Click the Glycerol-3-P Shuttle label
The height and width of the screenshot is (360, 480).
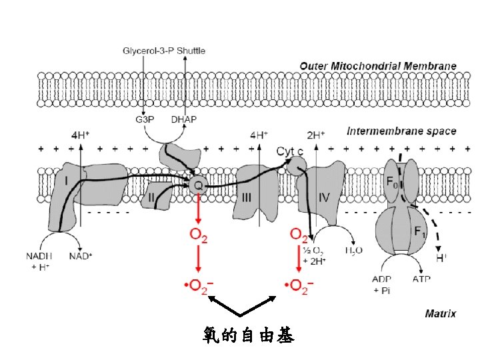[x=164, y=51]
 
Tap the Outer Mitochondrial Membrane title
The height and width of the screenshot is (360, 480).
[x=378, y=66]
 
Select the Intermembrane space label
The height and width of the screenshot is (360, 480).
[x=401, y=131]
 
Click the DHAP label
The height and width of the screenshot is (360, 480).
[x=184, y=120]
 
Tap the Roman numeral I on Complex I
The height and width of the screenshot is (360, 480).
[x=66, y=181]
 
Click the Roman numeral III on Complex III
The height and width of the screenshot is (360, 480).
[x=247, y=197]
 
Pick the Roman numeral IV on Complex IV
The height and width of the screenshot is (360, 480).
[x=325, y=197]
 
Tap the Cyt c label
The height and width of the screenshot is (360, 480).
[x=290, y=151]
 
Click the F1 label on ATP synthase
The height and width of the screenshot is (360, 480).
[x=419, y=232]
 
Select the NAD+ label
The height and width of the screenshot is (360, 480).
[x=81, y=255]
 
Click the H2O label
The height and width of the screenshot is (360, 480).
[x=353, y=251]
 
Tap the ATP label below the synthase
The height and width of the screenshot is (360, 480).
[x=421, y=281]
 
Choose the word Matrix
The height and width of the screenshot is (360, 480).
[x=441, y=313]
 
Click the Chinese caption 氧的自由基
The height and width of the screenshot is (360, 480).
[x=247, y=336]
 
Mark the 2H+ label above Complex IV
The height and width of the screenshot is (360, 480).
[x=315, y=134]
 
